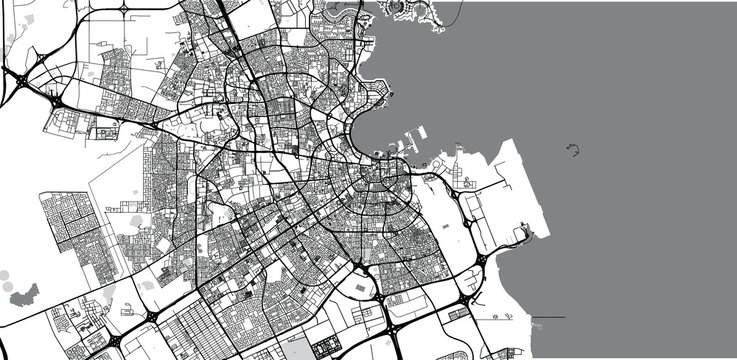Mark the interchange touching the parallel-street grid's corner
pyautogui.click(x=150, y=317)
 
